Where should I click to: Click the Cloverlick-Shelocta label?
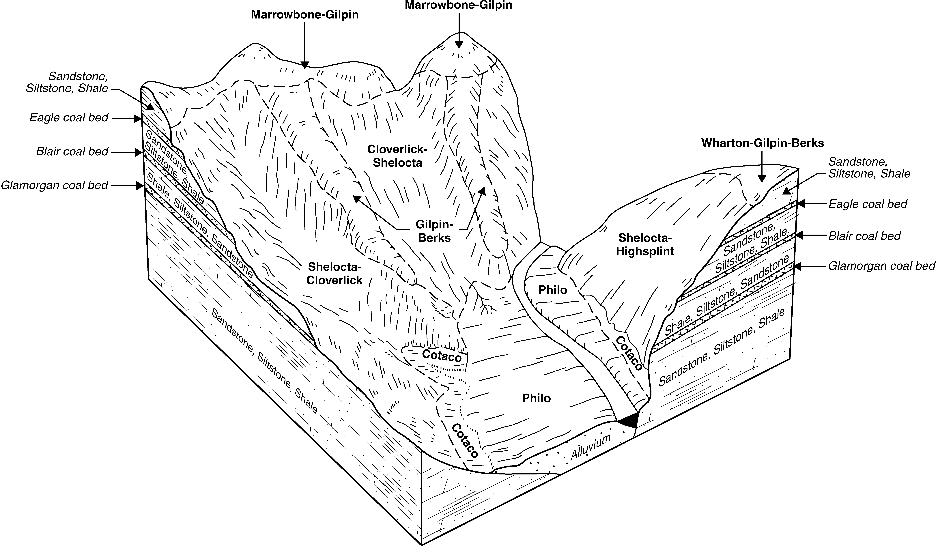[397, 156]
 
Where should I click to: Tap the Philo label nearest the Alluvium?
[536, 398]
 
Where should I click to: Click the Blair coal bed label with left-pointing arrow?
[864, 236]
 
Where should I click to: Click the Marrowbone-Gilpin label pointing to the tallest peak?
[459, 5]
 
